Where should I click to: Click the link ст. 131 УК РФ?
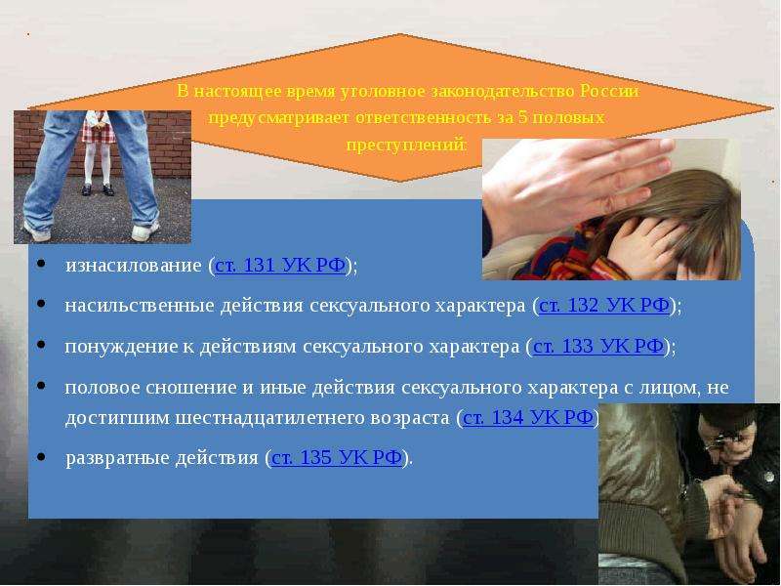(x=280, y=265)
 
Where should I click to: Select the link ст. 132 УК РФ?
(x=603, y=305)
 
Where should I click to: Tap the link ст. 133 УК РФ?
(x=597, y=346)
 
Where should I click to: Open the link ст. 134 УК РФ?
(x=528, y=418)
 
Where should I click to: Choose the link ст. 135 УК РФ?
(x=336, y=457)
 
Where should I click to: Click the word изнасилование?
(x=134, y=265)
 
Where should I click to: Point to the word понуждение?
(x=121, y=347)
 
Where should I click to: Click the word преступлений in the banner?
(x=405, y=145)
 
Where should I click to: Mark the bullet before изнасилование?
(x=41, y=264)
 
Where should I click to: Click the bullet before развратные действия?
(x=41, y=456)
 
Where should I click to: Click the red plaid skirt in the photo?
(x=98, y=131)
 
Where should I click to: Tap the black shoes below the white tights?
(x=98, y=189)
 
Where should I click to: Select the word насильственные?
(x=140, y=306)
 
